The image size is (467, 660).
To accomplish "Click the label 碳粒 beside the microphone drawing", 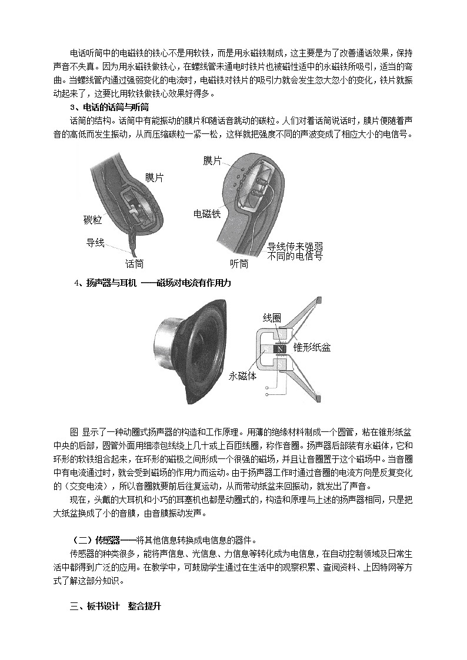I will (93, 220).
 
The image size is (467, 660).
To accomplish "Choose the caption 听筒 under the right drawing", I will (239, 264).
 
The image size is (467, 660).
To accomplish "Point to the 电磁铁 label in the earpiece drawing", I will (207, 214).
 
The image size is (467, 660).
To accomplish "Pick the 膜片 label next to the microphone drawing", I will (155, 177).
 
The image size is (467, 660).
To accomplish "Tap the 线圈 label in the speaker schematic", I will (271, 318).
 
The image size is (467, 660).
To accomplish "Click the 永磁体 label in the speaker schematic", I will (242, 376).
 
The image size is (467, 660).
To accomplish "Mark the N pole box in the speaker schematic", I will (281, 349).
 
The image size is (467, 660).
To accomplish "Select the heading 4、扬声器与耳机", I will (105, 283).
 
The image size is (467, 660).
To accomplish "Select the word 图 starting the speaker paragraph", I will (74, 430).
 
